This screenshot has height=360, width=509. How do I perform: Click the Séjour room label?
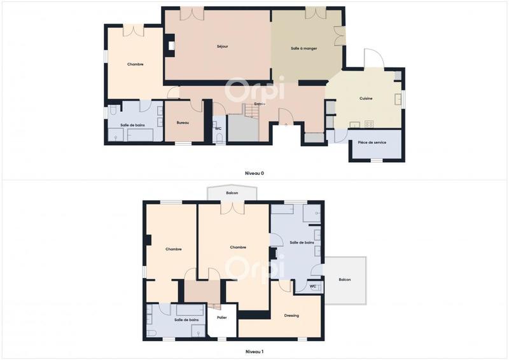tap(222, 46)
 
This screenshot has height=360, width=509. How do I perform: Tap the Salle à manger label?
tap(303, 48)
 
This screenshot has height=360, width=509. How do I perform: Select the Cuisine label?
tap(366, 98)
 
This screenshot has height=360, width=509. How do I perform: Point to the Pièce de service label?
tap(372, 142)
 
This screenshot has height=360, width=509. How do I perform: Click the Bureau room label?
tap(183, 122)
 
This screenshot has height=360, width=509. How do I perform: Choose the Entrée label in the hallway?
tap(260, 104)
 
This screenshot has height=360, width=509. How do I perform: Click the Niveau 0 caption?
tap(254, 173)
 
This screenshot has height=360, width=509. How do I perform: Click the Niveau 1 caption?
tap(254, 351)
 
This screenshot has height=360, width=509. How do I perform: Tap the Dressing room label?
tap(291, 315)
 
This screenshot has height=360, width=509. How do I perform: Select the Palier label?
tap(221, 317)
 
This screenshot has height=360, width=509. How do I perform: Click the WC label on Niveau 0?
tap(218, 129)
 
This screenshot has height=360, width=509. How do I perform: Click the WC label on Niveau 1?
tap(312, 286)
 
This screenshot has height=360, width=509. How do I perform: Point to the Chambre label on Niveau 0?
tap(135, 64)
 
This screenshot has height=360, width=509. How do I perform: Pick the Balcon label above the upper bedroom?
tap(232, 193)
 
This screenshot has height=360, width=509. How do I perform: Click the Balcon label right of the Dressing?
tap(344, 280)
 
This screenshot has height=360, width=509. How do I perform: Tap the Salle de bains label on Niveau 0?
tap(132, 125)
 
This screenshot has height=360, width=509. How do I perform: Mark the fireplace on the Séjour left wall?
tap(171, 45)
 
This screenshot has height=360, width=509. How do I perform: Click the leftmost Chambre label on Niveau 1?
tap(174, 249)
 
